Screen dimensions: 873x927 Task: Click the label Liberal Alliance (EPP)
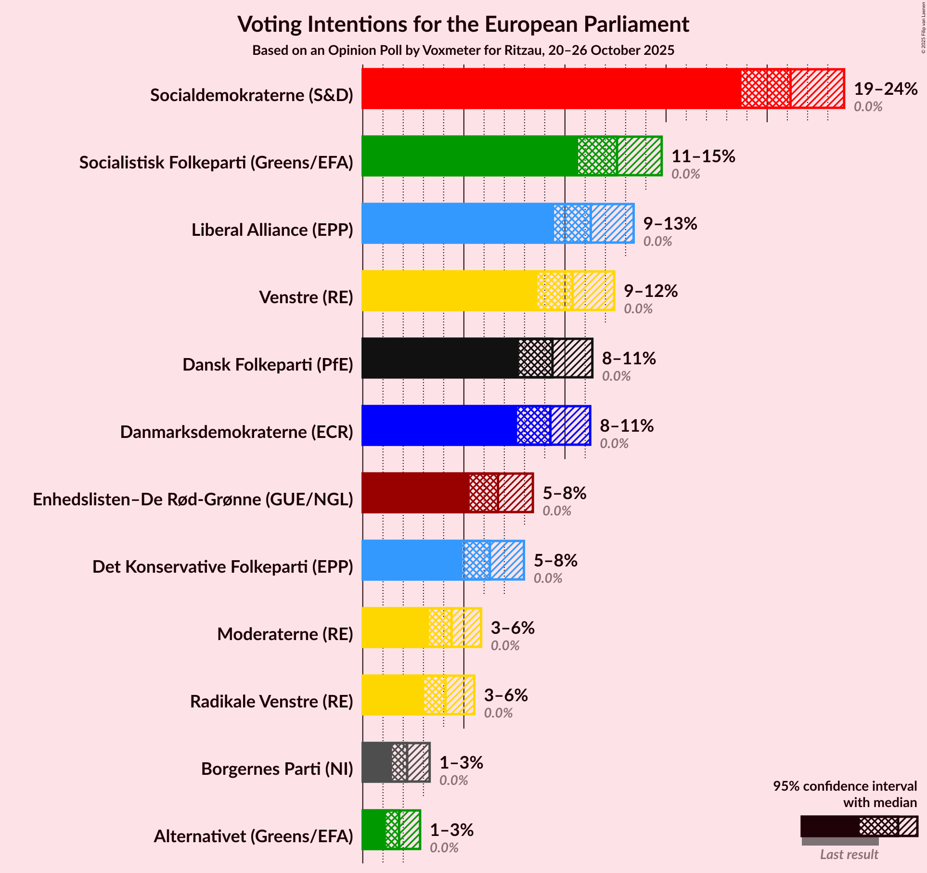[x=272, y=230]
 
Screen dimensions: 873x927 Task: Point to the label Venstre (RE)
[x=306, y=297]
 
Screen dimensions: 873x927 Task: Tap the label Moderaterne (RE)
[x=285, y=634]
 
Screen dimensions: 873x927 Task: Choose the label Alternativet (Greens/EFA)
[x=253, y=836]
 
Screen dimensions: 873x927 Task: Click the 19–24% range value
[x=886, y=89]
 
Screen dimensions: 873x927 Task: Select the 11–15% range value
[x=703, y=156]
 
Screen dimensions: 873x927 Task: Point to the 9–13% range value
[x=670, y=224]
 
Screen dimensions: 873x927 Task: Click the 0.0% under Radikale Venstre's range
[x=498, y=713]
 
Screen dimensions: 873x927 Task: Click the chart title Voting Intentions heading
[x=463, y=25]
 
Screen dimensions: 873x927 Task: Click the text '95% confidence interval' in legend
[x=845, y=786]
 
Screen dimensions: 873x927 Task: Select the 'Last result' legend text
[x=849, y=854]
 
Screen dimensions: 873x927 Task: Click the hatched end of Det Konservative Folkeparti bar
[x=507, y=560]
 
